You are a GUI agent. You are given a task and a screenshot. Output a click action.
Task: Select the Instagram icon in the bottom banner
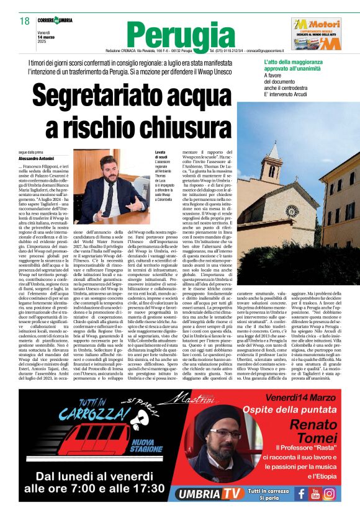pos(329,493)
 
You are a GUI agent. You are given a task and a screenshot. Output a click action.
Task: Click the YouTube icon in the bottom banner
pos(315,493)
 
